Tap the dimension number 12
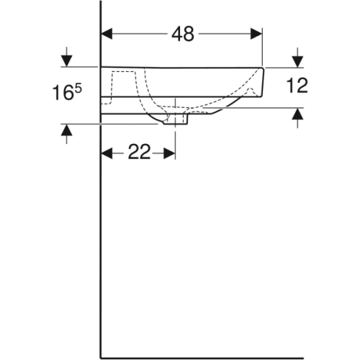[297, 86]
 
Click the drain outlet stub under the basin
[175, 119]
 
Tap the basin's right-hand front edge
[266, 83]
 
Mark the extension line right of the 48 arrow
[264, 47]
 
